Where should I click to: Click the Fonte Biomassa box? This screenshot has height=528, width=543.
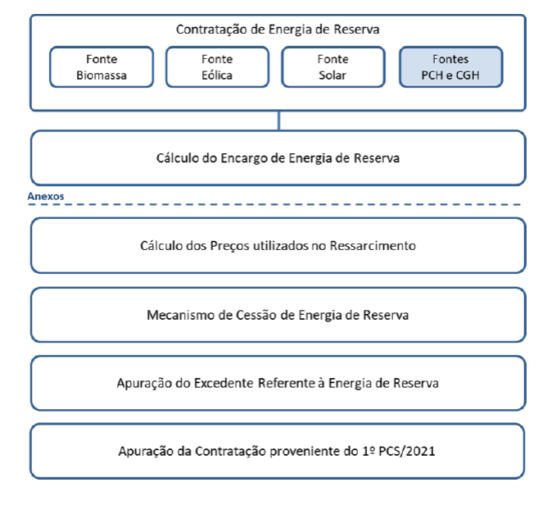click(102, 67)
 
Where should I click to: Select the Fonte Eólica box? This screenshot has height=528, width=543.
click(217, 67)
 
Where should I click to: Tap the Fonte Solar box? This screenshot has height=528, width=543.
click(333, 67)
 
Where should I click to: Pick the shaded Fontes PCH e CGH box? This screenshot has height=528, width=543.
click(451, 67)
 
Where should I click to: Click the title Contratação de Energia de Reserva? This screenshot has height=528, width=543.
click(278, 30)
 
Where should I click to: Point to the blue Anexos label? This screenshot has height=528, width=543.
click(46, 196)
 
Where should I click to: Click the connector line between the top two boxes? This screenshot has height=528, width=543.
click(278, 121)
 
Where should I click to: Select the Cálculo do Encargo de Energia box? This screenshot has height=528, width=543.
click(278, 158)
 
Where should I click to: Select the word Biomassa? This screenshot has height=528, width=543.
click(102, 75)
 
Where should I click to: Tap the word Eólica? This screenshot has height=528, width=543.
click(217, 75)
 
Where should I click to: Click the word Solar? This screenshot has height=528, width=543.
click(333, 75)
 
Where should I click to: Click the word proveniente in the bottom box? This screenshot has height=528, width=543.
click(305, 452)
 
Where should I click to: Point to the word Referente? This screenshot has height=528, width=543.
click(287, 383)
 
